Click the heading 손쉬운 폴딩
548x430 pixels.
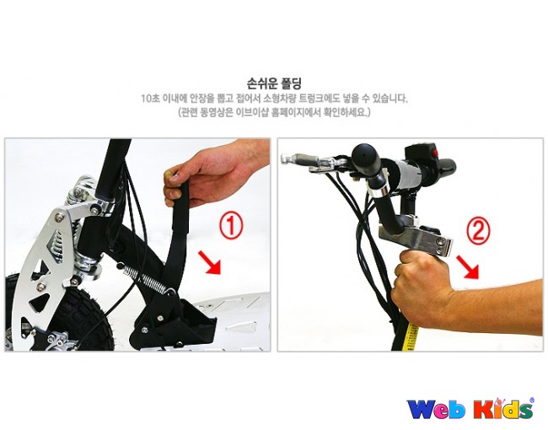(274, 83)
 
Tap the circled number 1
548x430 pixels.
(231, 226)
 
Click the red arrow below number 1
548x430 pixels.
(210, 262)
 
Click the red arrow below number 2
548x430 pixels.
(468, 267)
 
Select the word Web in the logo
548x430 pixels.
(437, 409)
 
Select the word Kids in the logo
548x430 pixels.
(503, 408)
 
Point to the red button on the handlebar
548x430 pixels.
(435, 153)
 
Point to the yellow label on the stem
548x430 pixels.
(412, 337)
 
